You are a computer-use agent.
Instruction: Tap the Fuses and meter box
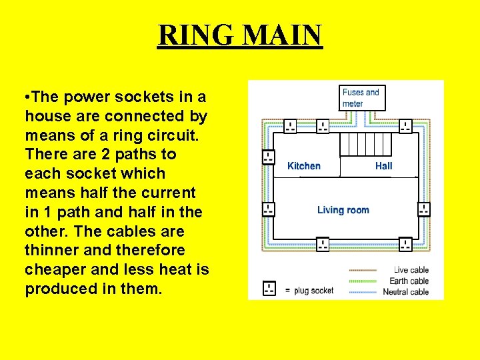click(x=360, y=97)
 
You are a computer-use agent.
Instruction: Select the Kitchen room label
click(x=304, y=166)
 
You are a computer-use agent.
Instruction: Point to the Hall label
click(x=384, y=166)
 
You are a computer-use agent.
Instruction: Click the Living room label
click(x=343, y=210)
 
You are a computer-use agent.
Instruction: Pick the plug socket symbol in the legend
click(x=269, y=289)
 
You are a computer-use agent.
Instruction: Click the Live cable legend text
click(x=411, y=270)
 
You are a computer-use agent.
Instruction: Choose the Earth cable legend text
click(x=409, y=281)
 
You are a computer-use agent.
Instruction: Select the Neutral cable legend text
click(x=405, y=292)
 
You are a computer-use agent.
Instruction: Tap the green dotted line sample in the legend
click(x=362, y=281)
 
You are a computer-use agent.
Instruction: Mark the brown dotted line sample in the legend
click(x=362, y=270)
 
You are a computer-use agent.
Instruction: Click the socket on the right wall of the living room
click(x=424, y=209)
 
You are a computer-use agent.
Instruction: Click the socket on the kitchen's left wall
click(x=268, y=157)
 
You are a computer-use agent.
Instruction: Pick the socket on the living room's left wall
click(x=268, y=209)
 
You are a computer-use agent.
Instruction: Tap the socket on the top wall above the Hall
click(x=405, y=126)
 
